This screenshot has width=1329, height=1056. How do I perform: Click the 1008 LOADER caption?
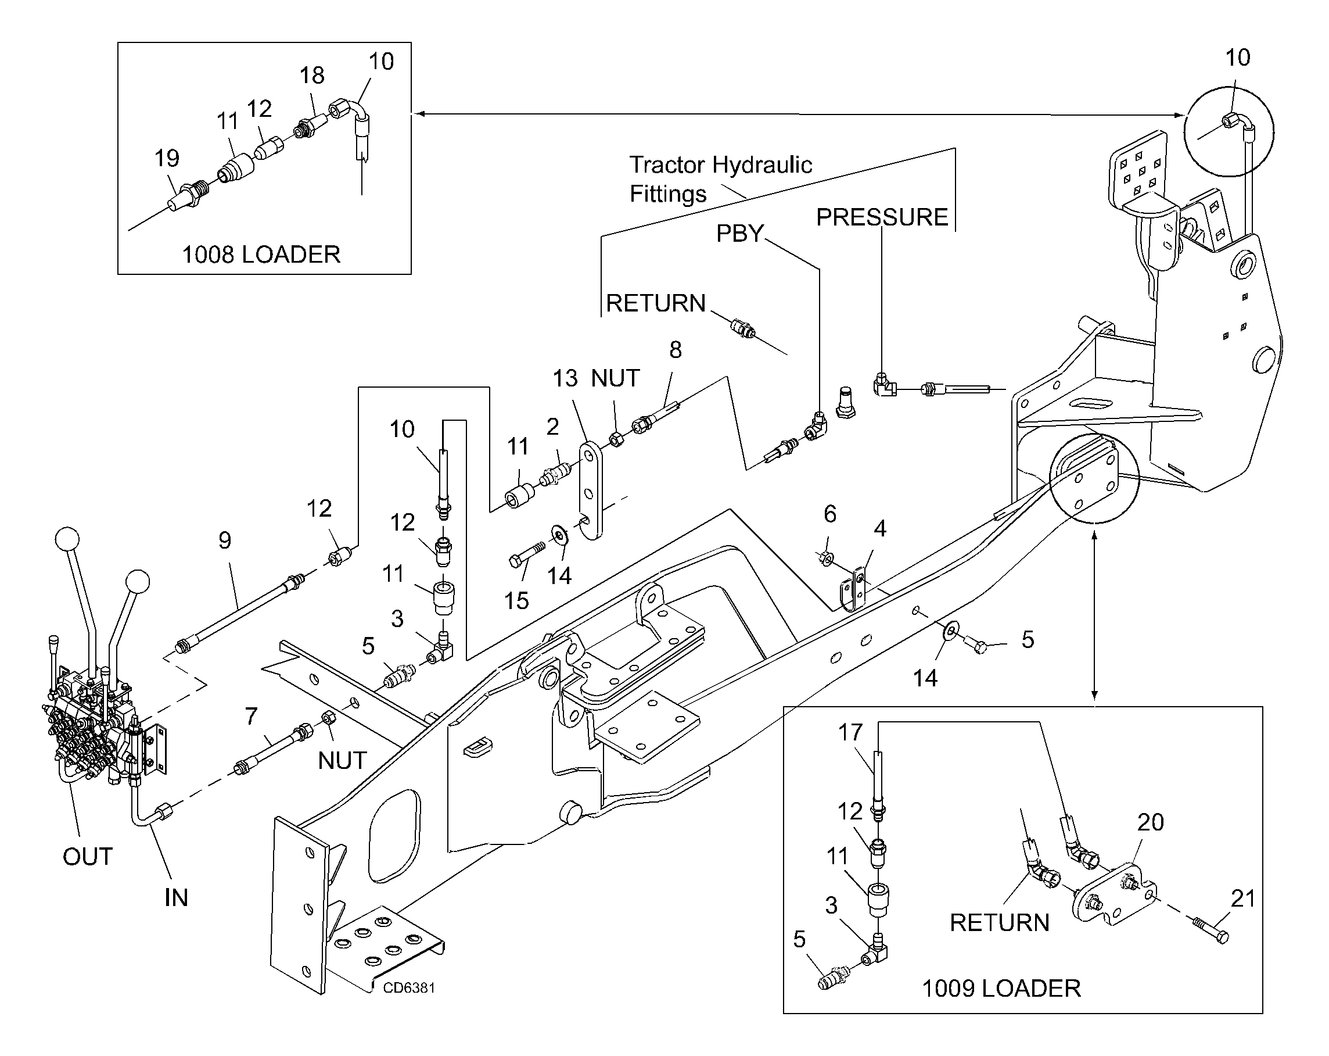261,255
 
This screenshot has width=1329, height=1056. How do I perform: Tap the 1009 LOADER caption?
1001,988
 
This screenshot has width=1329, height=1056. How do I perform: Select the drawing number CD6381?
409,987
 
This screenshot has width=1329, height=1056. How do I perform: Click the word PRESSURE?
882,218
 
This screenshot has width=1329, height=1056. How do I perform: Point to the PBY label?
739,234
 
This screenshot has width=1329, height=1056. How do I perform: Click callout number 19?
167,159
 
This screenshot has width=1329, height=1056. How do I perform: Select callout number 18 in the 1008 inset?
312,75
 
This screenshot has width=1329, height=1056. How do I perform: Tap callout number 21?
1242,899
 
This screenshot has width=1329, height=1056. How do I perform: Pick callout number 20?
1150,822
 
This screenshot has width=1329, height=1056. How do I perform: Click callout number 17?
850,732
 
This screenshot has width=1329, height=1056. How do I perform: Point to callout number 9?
225,540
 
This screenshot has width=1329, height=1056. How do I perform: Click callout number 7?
251,716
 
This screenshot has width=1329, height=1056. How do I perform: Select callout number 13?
565,378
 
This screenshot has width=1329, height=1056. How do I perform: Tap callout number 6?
829,514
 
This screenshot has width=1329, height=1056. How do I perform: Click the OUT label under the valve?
88,857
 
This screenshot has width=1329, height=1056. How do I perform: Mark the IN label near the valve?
177,897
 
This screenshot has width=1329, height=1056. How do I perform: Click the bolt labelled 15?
527,553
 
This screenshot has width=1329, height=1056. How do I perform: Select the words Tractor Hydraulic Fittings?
720,179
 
